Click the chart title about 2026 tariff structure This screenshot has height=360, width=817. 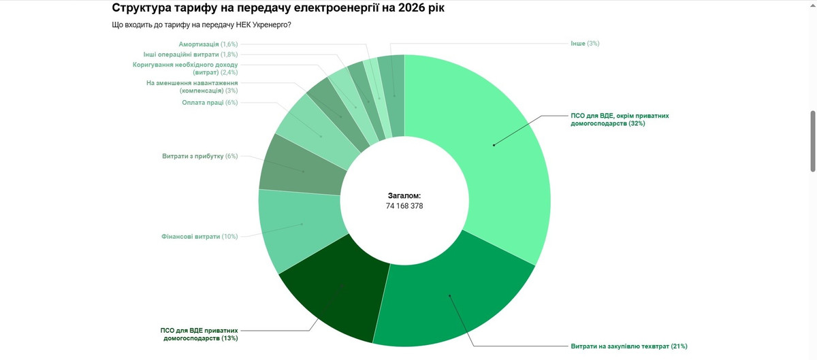point(280,9)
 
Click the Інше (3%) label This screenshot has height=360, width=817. point(584,44)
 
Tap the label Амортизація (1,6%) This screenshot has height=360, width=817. point(208,44)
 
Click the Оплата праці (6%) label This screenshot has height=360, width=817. point(210,103)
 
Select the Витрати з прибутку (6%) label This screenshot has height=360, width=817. point(199,156)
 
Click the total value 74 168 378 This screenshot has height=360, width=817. point(404,206)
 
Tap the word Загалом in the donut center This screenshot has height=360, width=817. point(404,195)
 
